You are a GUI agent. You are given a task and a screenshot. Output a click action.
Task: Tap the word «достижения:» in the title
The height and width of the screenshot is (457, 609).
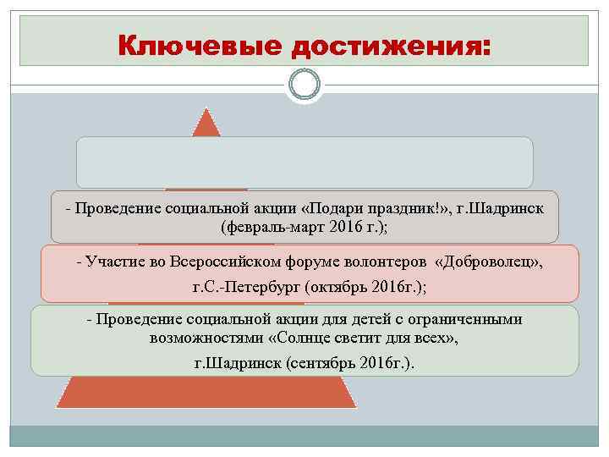tap(390, 43)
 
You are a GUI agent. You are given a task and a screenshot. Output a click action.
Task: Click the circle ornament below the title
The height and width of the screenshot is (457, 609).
tap(304, 84)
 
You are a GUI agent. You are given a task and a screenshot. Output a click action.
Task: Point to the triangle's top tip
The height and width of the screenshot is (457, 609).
tap(206, 113)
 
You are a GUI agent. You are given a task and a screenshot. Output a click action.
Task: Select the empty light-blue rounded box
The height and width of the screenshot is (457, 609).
tap(304, 162)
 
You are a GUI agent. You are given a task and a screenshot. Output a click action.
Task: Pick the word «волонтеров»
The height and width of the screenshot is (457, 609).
tap(376, 263)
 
